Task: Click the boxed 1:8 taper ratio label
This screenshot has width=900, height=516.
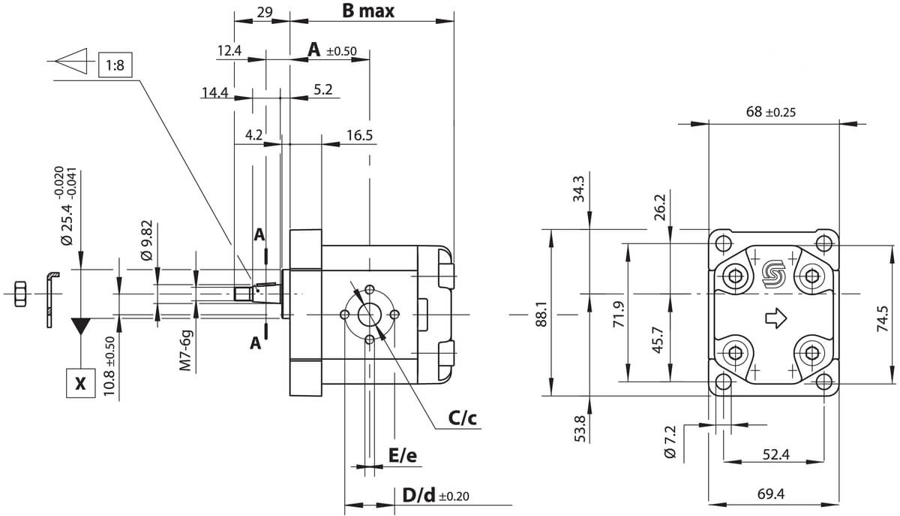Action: pyautogui.click(x=115, y=65)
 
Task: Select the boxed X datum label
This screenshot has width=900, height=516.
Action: pyautogui.click(x=81, y=383)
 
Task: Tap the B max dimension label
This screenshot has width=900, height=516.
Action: pyautogui.click(x=368, y=11)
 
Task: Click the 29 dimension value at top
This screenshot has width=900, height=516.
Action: pyautogui.click(x=265, y=12)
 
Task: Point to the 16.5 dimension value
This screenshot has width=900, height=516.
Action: pyautogui.click(x=359, y=135)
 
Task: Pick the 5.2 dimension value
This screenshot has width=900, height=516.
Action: pyautogui.click(x=323, y=89)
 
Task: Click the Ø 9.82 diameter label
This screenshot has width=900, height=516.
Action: pyautogui.click(x=147, y=240)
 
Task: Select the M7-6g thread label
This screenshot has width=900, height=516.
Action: pyautogui.click(x=185, y=351)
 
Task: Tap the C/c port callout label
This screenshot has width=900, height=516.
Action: pyautogui.click(x=463, y=418)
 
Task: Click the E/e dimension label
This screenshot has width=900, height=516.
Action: pyautogui.click(x=403, y=456)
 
